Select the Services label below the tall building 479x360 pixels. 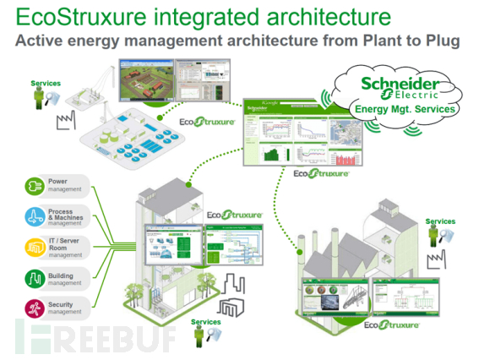coord(206,321)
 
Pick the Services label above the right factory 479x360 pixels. coord(440,221)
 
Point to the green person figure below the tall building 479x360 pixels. coord(199,336)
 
